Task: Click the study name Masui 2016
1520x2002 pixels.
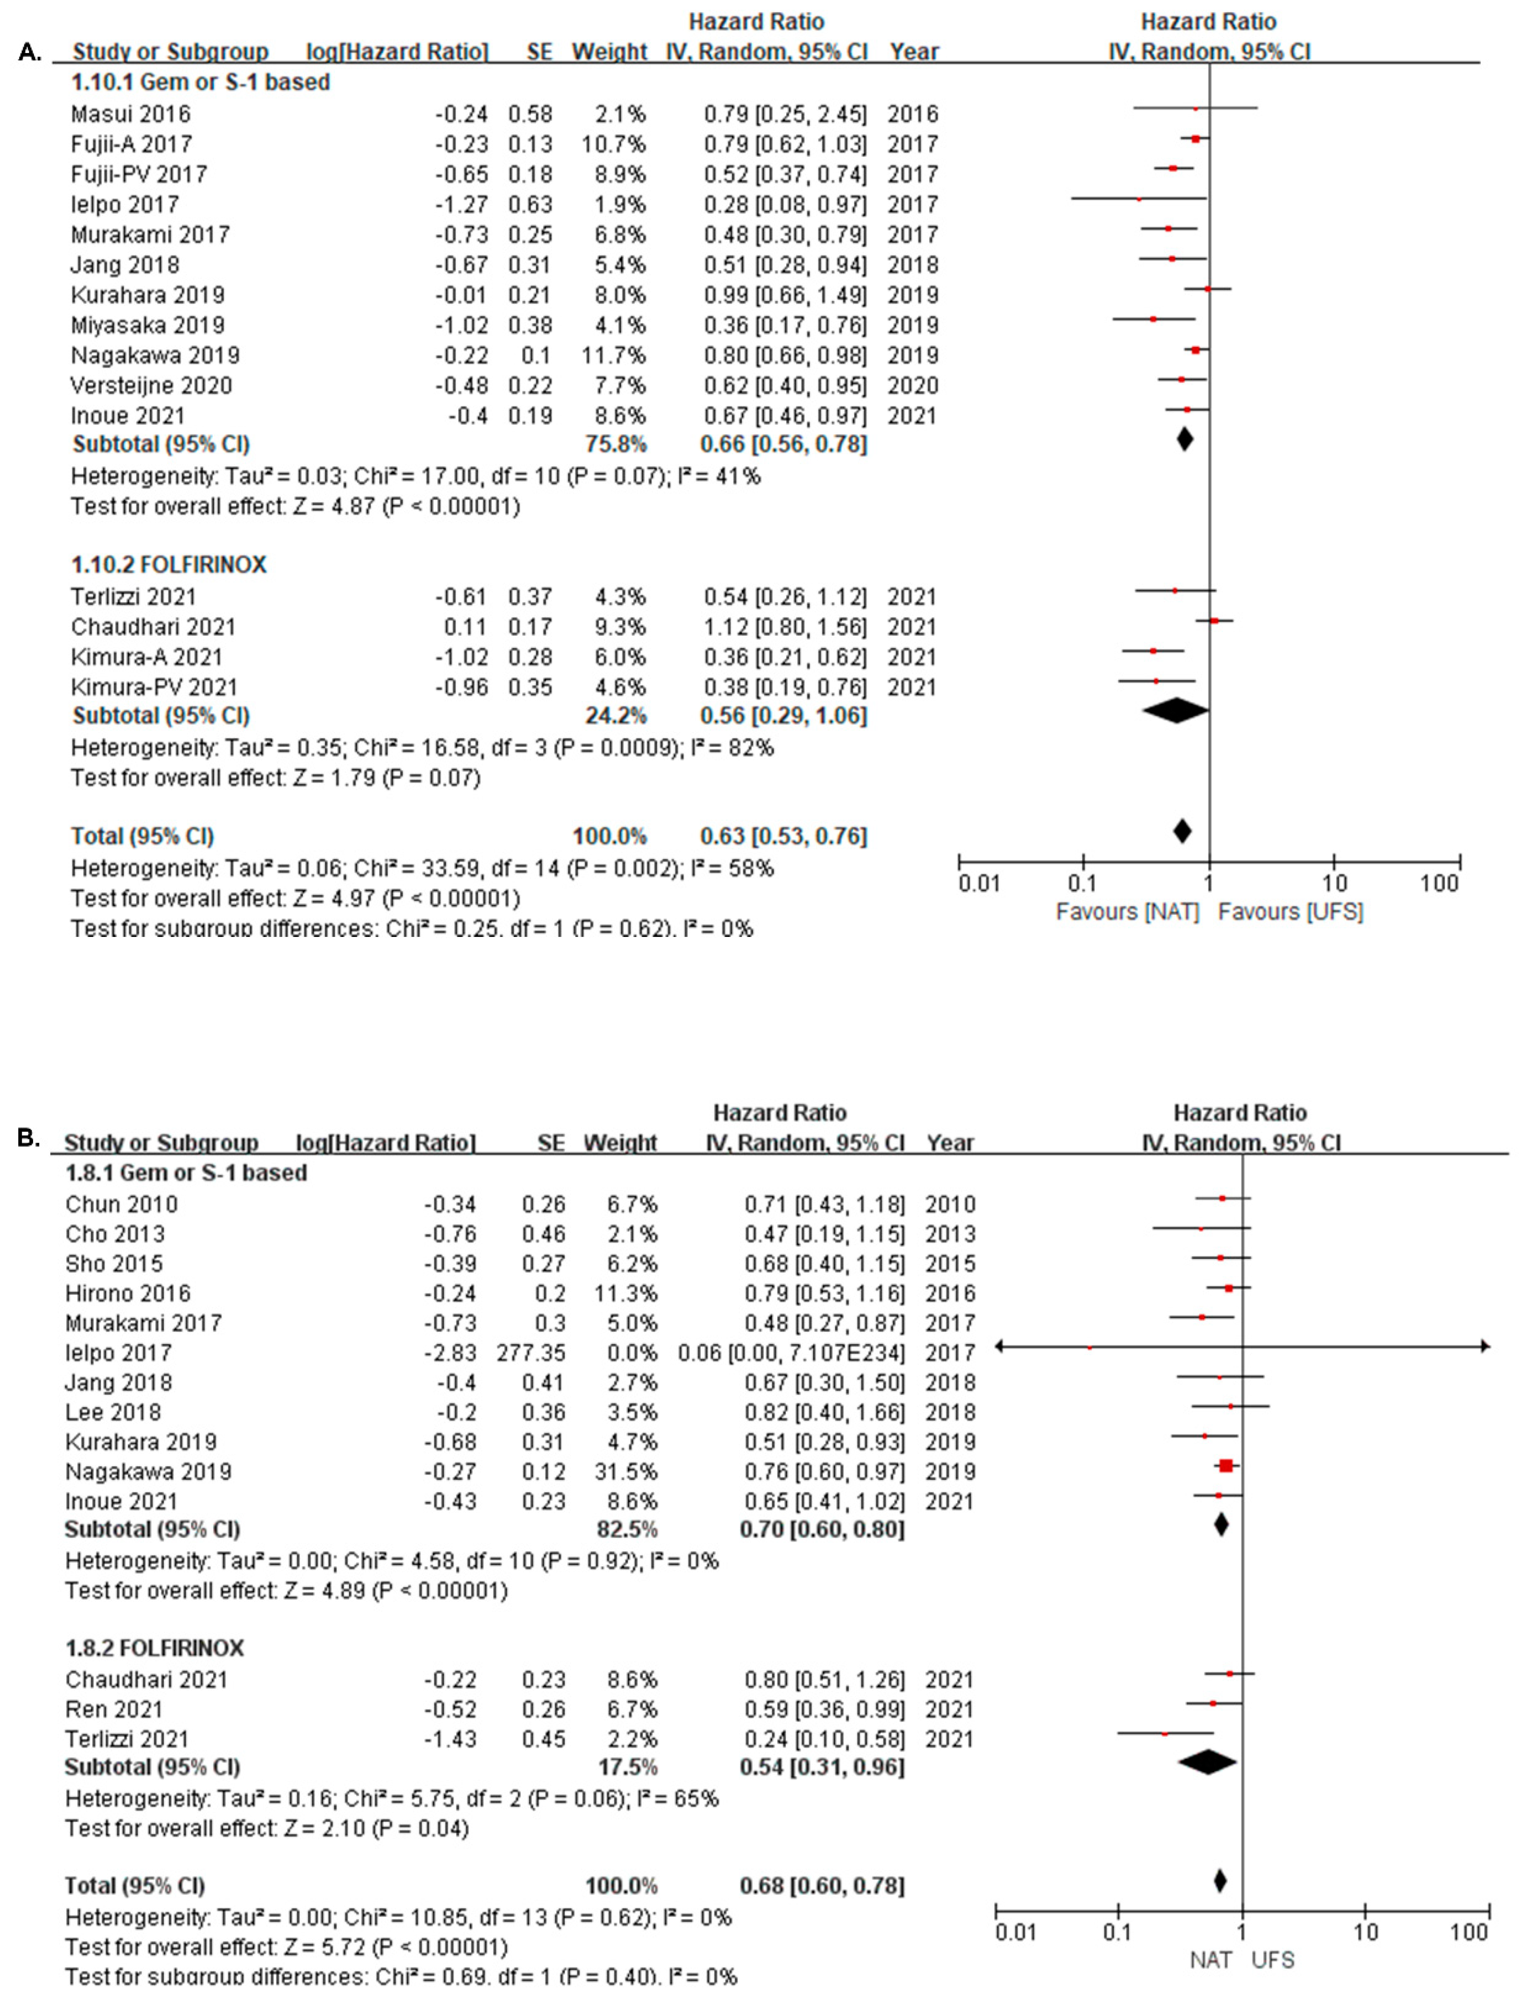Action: point(131,114)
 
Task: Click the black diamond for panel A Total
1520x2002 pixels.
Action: point(1181,831)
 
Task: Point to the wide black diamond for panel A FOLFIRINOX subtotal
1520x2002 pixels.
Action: point(1175,711)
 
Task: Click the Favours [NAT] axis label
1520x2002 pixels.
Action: point(1127,912)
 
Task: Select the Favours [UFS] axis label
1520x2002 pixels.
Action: point(1290,912)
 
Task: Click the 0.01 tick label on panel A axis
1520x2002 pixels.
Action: point(979,883)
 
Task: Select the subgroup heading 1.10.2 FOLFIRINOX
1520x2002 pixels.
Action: point(169,565)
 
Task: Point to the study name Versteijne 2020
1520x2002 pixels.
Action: point(151,385)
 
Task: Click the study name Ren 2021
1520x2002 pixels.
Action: point(114,1709)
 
